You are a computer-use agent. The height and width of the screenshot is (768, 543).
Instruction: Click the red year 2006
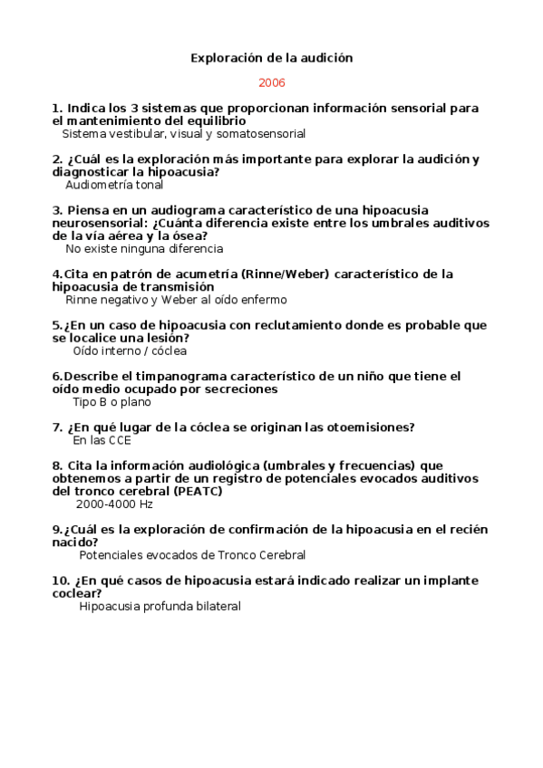click(271, 82)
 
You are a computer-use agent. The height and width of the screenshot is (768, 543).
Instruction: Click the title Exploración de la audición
click(271, 58)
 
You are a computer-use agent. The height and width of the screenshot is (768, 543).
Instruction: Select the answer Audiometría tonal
click(114, 185)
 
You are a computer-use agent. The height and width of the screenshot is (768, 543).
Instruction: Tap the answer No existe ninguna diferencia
click(144, 248)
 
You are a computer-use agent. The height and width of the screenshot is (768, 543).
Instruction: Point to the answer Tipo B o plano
click(112, 402)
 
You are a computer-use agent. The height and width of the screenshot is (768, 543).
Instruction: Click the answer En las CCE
click(102, 441)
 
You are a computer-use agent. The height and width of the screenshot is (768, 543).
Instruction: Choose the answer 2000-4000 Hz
click(114, 504)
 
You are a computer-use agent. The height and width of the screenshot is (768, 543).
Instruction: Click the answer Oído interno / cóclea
click(130, 350)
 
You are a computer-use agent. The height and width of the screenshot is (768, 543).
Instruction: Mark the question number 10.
click(60, 581)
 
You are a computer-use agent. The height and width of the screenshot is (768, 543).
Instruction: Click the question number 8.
click(57, 466)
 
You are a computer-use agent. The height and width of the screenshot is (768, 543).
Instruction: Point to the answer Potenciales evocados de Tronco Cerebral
click(192, 555)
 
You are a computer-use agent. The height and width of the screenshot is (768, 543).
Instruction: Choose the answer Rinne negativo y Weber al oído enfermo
click(176, 300)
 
